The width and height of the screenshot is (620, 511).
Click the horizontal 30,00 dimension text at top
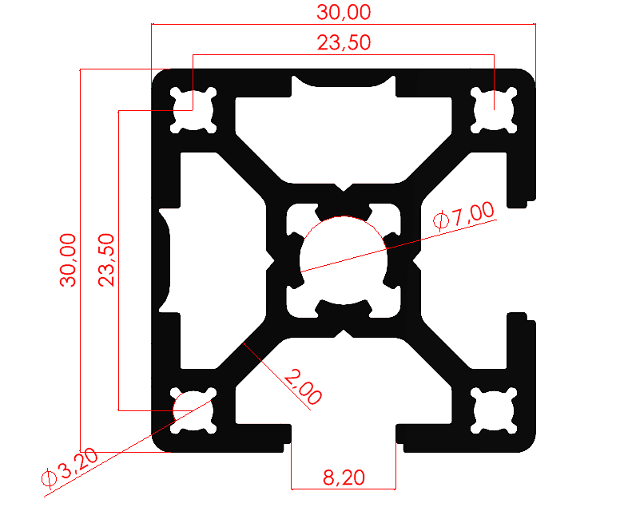[x=344, y=13]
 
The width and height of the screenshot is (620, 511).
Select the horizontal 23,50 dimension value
[x=344, y=44]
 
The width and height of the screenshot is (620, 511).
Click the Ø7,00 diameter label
[x=463, y=216]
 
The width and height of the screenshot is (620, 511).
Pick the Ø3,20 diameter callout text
[x=70, y=467]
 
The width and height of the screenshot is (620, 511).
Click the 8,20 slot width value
[x=344, y=477]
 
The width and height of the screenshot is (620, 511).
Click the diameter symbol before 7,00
[x=440, y=221]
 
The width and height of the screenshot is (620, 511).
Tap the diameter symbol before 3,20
[x=48, y=477]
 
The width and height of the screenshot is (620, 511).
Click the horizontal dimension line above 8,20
[x=344, y=488]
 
